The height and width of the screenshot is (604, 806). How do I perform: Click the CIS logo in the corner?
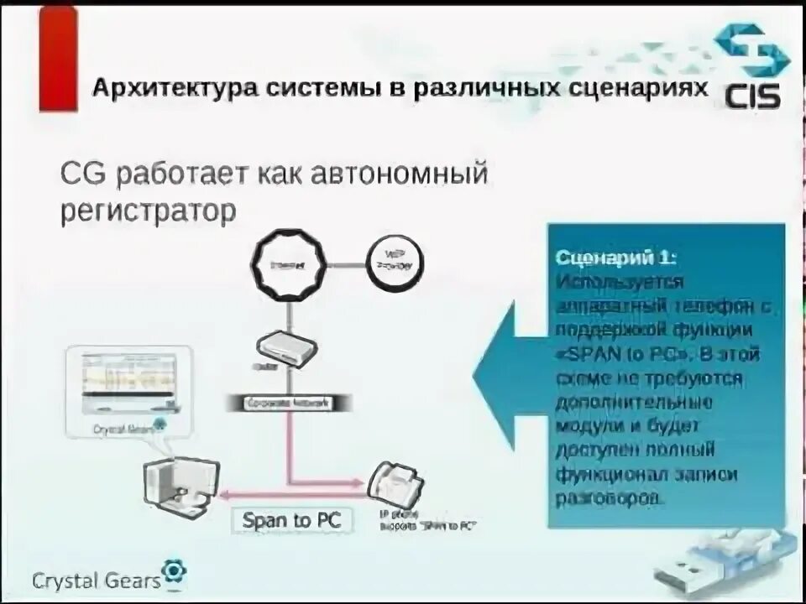(x=751, y=67)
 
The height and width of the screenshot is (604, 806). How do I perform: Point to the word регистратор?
(x=148, y=211)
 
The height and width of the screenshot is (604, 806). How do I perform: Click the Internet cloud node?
(x=285, y=262)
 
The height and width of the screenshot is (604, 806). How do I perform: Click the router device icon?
(x=285, y=346)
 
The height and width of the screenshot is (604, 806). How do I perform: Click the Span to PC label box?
(x=291, y=519)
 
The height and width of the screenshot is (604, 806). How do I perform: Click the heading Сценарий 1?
(x=615, y=258)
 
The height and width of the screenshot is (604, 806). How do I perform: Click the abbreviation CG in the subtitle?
(x=83, y=176)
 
